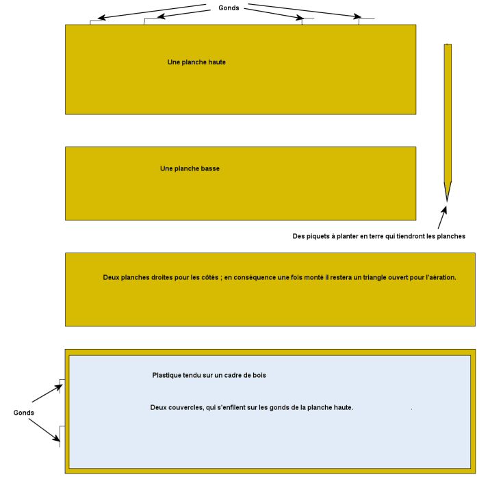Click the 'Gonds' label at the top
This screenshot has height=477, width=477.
(229, 8)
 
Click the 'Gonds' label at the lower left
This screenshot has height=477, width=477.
(24, 413)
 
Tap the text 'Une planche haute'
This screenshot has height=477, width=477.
(196, 62)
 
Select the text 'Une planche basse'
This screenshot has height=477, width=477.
(190, 168)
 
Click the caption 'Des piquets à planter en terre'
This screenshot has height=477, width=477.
(378, 237)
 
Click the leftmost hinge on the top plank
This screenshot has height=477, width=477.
(96, 22)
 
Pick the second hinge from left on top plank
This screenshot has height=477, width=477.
(150, 21)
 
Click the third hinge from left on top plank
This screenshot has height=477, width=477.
(307, 21)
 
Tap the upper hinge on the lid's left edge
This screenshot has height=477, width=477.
(62, 385)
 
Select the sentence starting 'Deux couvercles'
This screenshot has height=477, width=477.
(251, 408)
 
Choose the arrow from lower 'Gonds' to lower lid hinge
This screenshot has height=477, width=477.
(46, 430)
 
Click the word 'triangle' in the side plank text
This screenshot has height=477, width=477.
(348, 277)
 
